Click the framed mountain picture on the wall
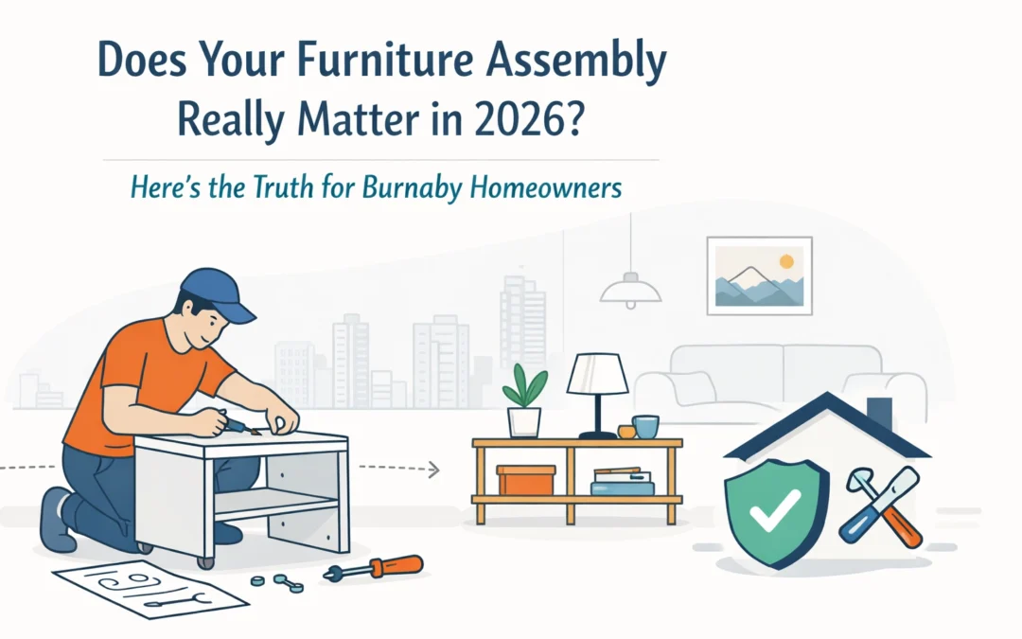point(759,275)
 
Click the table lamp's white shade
point(597,375)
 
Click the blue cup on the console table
point(646,426)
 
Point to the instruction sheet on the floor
point(151,586)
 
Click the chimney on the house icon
point(879,413)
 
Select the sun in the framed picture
point(785,259)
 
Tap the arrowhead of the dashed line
point(434,468)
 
